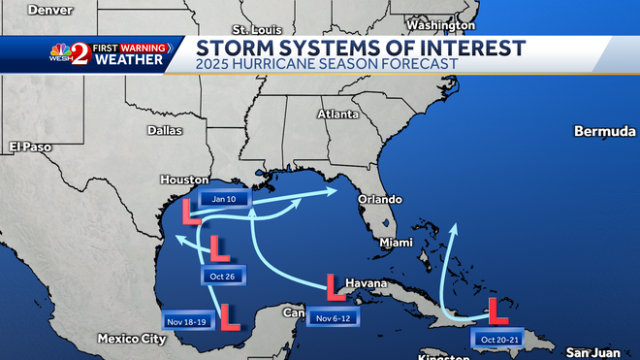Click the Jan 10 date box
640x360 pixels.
[x=224, y=198]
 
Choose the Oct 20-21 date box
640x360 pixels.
[x=500, y=338]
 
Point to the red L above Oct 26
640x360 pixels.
[x=219, y=249]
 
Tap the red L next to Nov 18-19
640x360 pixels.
[x=230, y=316]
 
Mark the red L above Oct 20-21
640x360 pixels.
[x=498, y=311]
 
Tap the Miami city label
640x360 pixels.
[x=396, y=242]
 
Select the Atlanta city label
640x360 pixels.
[x=339, y=114]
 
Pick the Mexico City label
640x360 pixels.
[x=131, y=339]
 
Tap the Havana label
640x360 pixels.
[x=366, y=284]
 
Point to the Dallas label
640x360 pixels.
[x=165, y=129]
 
